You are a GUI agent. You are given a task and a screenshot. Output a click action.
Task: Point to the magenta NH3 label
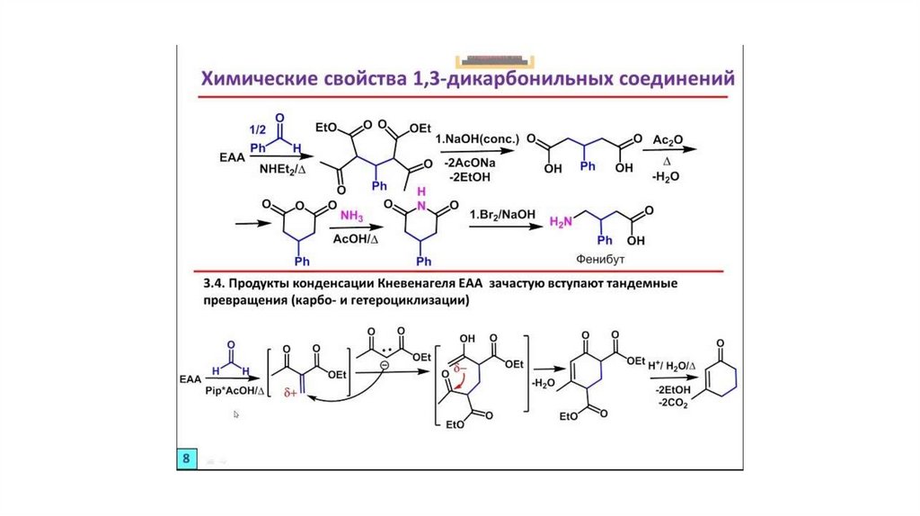(351, 217)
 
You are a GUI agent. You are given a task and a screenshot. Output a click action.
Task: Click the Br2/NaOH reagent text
(502, 215)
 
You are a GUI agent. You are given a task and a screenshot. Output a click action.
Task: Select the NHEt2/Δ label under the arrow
(283, 168)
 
